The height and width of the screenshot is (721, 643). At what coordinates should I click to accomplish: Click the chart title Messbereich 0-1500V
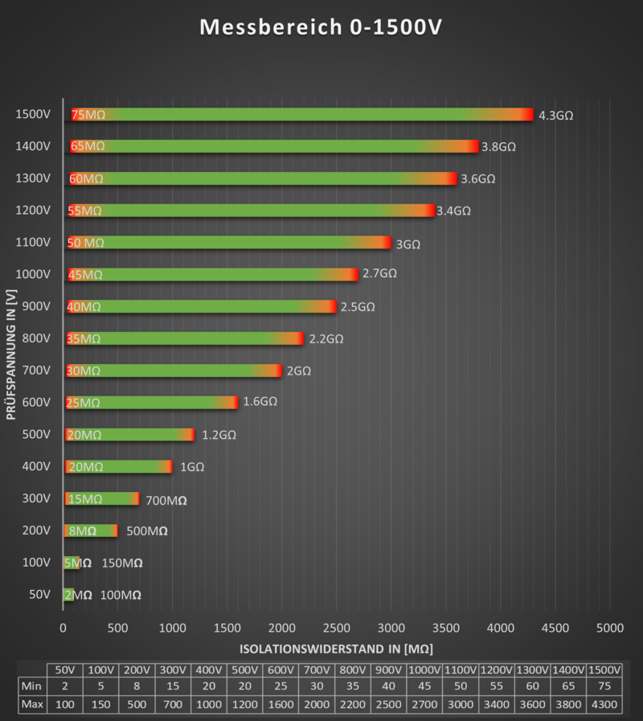click(321, 28)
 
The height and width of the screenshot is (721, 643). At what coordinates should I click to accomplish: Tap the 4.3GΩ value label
click(555, 115)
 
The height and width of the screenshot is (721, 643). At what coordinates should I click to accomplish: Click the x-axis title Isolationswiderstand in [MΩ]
click(337, 648)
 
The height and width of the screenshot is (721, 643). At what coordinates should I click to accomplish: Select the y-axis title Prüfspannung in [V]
click(11, 354)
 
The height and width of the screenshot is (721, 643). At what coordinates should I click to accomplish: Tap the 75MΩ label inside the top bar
click(88, 114)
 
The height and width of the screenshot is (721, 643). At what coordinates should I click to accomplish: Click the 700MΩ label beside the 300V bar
click(166, 500)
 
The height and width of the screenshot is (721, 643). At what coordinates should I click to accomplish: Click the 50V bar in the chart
click(68, 595)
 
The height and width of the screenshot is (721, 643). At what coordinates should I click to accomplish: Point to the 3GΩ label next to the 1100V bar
click(408, 244)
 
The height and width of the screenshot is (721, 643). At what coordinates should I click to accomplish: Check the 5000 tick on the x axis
click(609, 627)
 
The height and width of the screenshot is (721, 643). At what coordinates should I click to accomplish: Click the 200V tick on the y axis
click(35, 531)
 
